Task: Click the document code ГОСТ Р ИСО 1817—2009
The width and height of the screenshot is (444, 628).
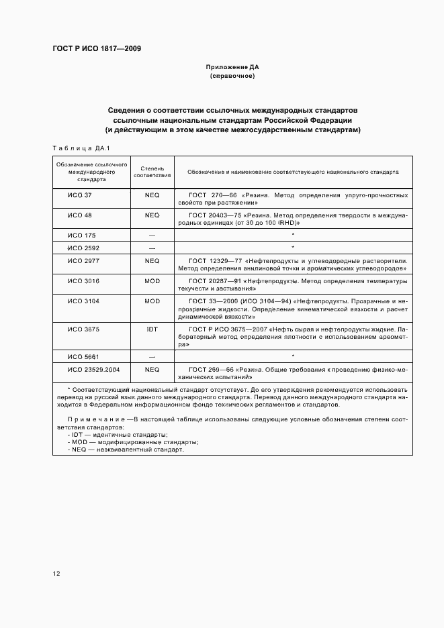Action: click(96, 48)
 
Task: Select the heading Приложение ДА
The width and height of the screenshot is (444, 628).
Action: click(232, 68)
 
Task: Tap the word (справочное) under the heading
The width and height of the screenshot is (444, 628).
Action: click(232, 76)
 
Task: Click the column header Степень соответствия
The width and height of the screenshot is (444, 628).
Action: click(152, 172)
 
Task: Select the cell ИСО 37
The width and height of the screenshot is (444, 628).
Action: click(79, 195)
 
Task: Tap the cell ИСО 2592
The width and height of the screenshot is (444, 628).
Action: click(83, 248)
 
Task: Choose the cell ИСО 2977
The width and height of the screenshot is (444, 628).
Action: click(83, 260)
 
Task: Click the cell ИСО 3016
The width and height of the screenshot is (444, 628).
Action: click(83, 280)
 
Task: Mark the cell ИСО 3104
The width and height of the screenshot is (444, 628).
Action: click(83, 301)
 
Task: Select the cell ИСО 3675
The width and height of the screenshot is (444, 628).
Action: click(83, 329)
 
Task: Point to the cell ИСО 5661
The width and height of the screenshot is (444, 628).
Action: click(83, 357)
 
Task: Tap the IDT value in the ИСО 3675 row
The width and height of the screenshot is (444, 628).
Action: click(152, 329)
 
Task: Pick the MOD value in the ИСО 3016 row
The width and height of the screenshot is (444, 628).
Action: click(152, 280)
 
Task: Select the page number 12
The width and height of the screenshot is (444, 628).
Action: click(56, 574)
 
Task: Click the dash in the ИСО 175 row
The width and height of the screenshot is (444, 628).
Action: click(152, 235)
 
